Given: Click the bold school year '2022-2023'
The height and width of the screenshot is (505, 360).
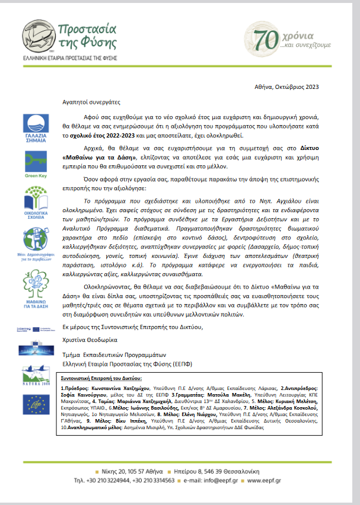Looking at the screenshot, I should coord(126,135).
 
